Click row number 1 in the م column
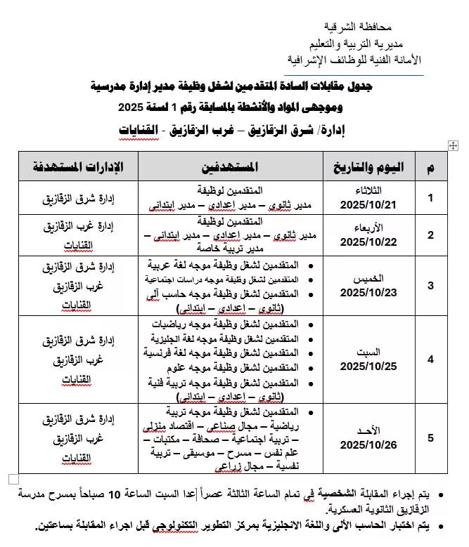point(430,198)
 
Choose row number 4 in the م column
point(430,359)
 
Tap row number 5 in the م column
point(430,438)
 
